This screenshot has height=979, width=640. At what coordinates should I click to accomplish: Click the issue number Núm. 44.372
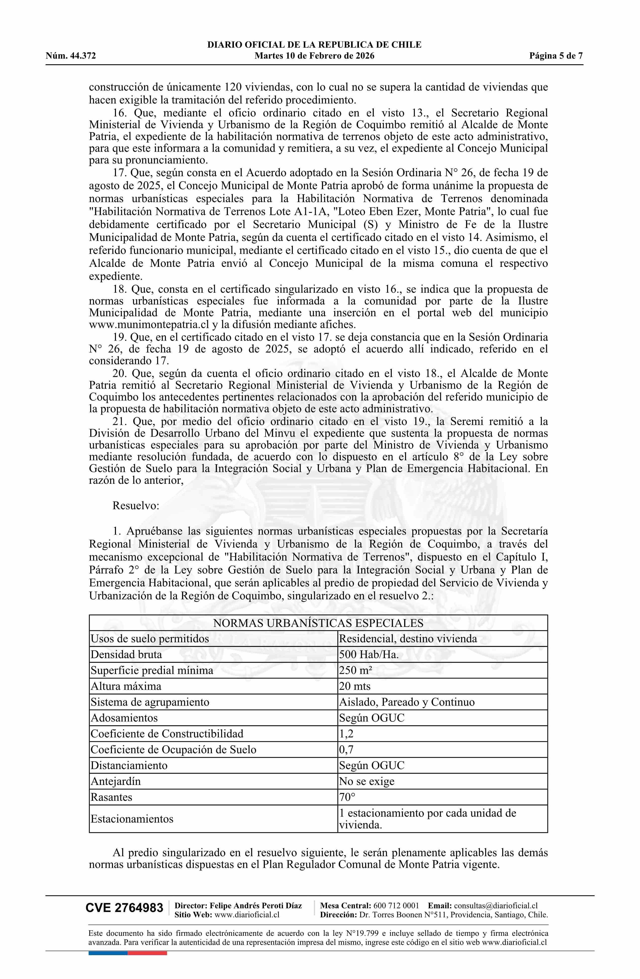(x=71, y=56)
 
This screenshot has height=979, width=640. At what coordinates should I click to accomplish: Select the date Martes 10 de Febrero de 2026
(x=314, y=56)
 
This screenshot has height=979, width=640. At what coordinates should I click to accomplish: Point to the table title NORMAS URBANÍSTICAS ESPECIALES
(x=318, y=623)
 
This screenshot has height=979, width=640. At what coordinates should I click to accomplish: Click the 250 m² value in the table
(x=355, y=670)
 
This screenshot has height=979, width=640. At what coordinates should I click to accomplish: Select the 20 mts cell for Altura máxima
(x=355, y=686)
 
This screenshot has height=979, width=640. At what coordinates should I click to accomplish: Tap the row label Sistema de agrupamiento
(x=150, y=702)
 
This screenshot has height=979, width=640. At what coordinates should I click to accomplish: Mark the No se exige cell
(x=366, y=781)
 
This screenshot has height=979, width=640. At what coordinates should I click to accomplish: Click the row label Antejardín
(x=116, y=781)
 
